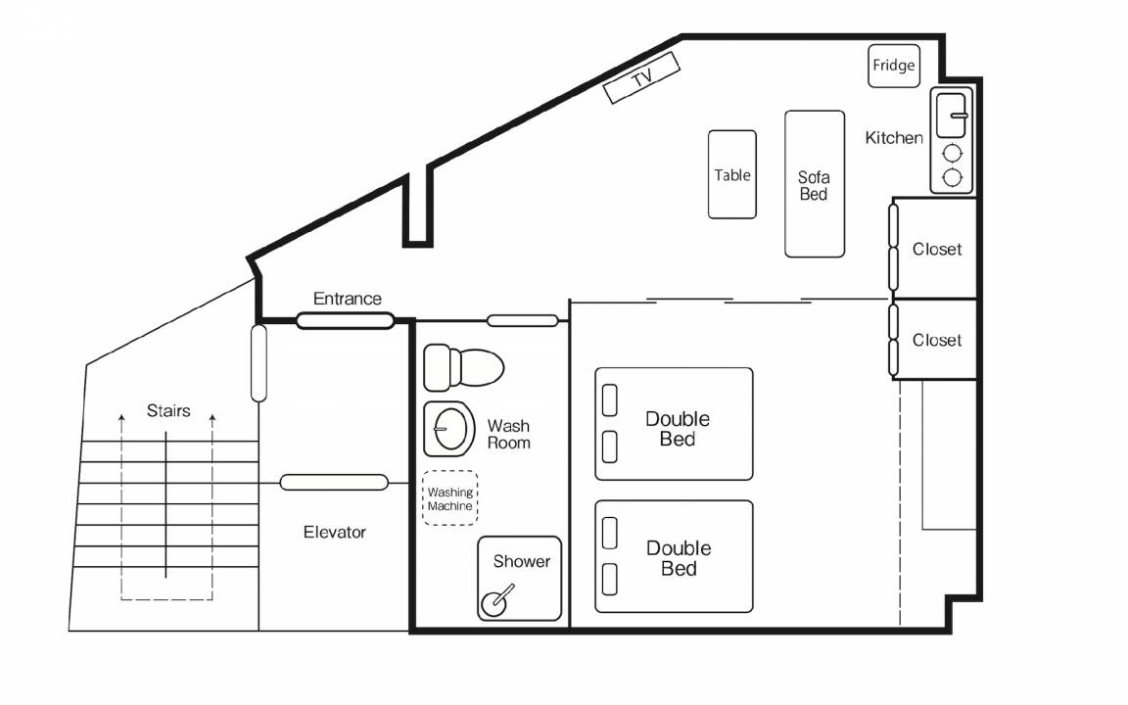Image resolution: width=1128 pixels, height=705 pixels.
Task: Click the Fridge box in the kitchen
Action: coord(893,67)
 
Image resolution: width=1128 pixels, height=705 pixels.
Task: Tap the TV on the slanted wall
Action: coord(641,77)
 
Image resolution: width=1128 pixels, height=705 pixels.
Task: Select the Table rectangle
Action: coord(732,174)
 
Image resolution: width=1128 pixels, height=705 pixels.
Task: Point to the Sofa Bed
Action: coord(815,184)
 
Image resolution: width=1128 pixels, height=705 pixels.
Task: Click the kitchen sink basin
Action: coord(951,116)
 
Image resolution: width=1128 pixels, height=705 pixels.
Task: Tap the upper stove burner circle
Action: coord(953,153)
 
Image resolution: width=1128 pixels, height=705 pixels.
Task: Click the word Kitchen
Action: coord(893,137)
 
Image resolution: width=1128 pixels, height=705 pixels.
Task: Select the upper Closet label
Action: coord(937,249)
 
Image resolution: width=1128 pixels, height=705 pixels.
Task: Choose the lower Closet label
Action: coord(937,340)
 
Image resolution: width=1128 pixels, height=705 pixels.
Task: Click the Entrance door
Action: coord(346,320)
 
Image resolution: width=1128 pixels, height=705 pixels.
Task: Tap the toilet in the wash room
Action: coord(463,367)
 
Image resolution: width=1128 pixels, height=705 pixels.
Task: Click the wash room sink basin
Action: coord(449,429)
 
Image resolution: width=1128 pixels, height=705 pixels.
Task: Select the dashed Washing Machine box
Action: coord(449,497)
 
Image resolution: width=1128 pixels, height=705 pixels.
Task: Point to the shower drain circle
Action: coord(493,604)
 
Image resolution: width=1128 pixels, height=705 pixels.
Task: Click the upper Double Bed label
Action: coord(678,429)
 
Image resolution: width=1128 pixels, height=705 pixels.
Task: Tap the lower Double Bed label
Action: coord(679,558)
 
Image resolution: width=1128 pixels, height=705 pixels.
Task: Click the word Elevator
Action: coord(335,533)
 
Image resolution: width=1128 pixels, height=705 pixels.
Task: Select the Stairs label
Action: coord(168,411)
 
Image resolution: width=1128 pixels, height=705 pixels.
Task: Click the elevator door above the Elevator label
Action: coord(334,482)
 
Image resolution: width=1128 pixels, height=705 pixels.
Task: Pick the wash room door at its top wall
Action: coord(522,320)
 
